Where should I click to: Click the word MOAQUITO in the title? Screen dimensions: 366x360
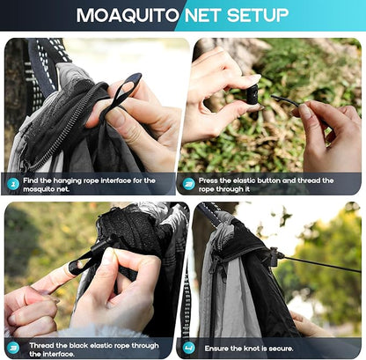point(128,16)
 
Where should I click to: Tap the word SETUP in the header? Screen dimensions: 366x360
point(258,15)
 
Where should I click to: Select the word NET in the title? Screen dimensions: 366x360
point(203,15)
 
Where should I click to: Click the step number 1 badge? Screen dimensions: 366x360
point(13,184)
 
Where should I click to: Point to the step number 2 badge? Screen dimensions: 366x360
point(188,184)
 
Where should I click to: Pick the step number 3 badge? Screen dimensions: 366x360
point(13,348)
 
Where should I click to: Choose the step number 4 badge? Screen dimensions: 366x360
point(188,348)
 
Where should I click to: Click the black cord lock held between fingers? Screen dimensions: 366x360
point(253,95)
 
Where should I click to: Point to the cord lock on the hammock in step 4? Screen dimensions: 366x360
point(275,256)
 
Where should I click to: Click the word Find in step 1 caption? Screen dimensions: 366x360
point(30,180)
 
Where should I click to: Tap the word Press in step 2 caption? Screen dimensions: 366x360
point(209,180)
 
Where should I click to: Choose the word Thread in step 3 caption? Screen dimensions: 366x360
point(41,346)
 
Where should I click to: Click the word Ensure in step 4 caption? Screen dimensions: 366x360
point(216,349)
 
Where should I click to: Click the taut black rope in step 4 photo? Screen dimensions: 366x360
point(323,264)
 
